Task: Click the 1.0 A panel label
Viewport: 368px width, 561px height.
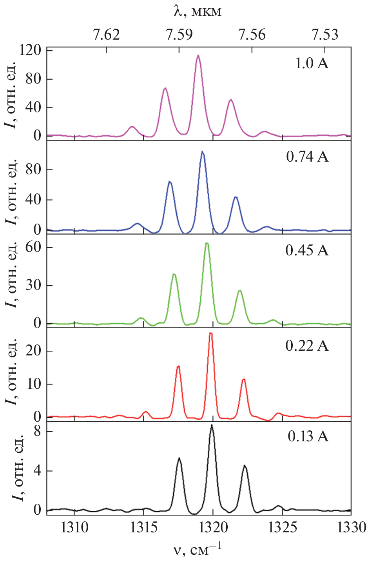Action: point(312,63)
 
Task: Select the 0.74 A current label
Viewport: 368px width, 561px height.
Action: point(307,157)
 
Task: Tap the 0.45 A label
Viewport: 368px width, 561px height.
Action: point(307,250)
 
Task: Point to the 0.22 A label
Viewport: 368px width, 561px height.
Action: point(307,346)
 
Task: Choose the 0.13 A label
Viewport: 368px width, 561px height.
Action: point(308,436)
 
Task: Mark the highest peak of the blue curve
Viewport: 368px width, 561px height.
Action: point(202,151)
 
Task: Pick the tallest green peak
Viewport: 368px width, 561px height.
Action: point(207,243)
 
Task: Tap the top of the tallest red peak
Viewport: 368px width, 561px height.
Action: point(211,333)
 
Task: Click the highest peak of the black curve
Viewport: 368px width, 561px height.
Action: point(212,425)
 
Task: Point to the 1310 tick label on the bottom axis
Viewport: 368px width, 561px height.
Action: point(74,528)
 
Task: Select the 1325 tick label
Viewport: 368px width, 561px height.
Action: point(282,528)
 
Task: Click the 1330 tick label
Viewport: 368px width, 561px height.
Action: point(352,528)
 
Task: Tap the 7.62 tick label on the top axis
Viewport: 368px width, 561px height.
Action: point(106,35)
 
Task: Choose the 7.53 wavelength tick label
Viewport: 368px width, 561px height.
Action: point(325,35)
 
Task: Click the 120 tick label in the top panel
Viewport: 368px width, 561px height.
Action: point(31,50)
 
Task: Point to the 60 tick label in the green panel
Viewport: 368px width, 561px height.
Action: point(34,247)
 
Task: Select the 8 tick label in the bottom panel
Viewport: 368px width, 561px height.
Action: point(38,431)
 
